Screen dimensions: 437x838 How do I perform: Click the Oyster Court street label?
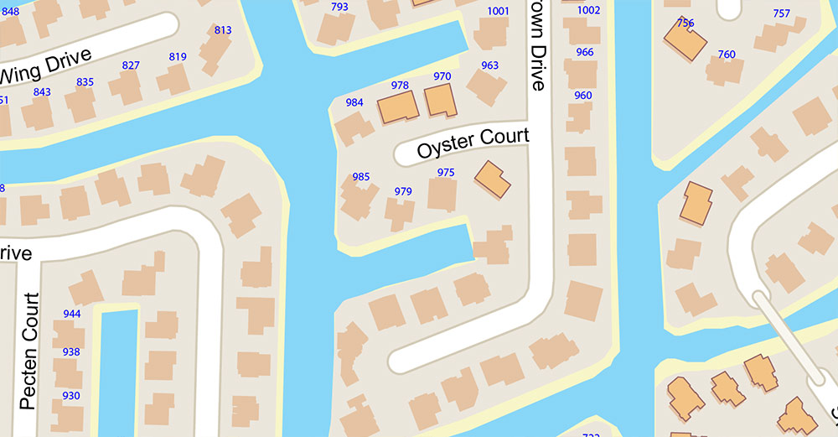tap(473, 143)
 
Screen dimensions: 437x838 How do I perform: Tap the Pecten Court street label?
tap(29, 351)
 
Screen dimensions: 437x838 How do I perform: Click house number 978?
tap(400, 86)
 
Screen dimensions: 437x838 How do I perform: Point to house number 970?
tap(442, 76)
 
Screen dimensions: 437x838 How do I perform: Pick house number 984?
tap(354, 102)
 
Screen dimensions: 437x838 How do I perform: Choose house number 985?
tap(361, 177)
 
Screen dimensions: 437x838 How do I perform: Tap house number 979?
tap(403, 191)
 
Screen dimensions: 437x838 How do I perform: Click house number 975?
tap(446, 172)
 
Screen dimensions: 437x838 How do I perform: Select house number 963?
tap(490, 65)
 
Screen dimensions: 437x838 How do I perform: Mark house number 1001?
tap(498, 11)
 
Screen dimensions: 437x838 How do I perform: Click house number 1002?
tap(589, 10)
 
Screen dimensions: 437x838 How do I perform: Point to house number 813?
tap(223, 30)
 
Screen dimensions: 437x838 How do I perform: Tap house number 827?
tap(131, 65)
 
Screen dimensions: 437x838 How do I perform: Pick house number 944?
tap(71, 314)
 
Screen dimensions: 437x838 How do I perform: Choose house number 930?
tap(71, 396)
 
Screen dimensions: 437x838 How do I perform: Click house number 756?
tap(685, 23)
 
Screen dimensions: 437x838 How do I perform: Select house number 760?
tap(727, 55)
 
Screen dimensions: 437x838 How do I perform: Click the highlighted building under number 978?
tap(399, 107)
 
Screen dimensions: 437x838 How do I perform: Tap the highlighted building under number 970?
tap(440, 100)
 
